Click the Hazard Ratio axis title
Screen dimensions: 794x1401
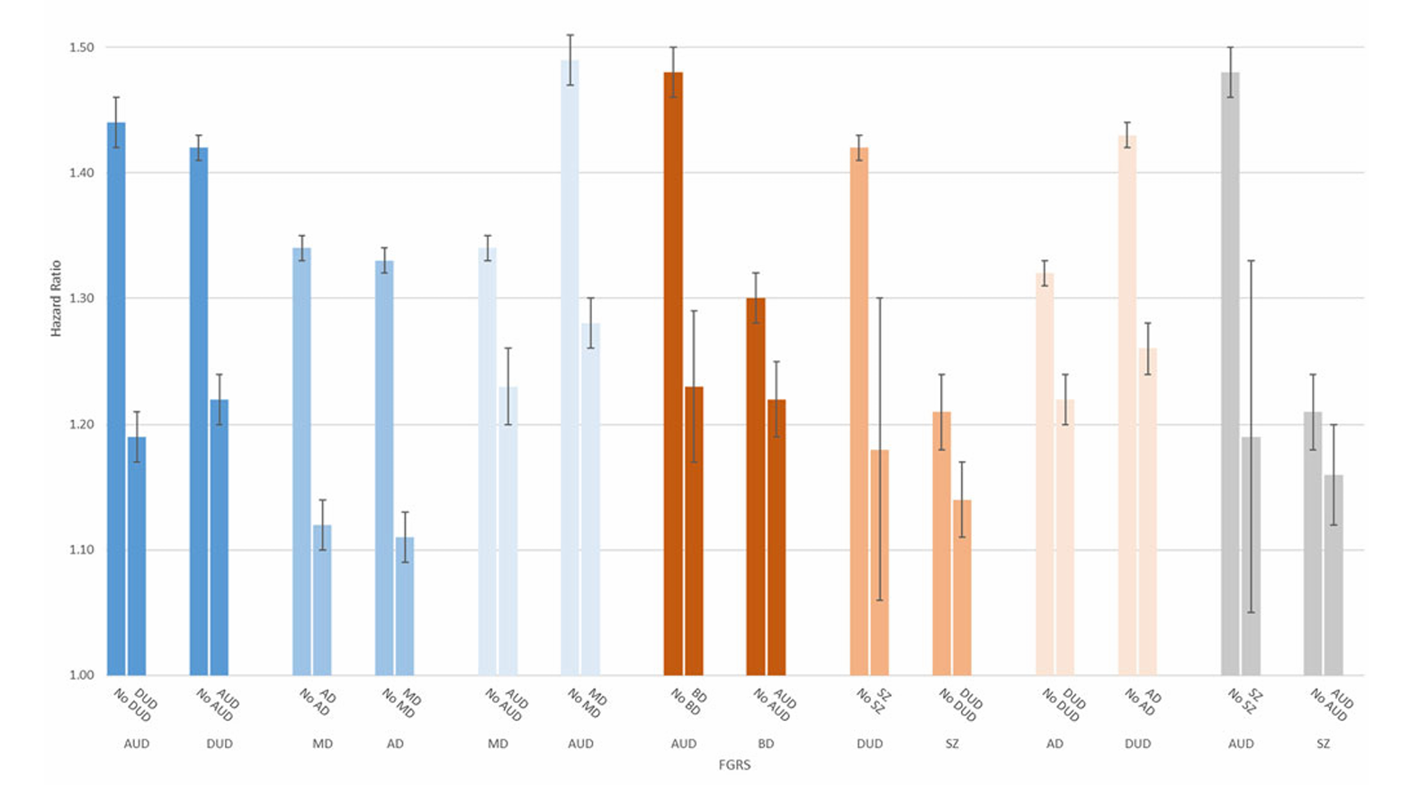[56, 298]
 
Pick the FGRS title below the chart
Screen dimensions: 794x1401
[734, 765]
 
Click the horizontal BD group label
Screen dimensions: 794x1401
[766, 744]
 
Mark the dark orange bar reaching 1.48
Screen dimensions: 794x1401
[673, 374]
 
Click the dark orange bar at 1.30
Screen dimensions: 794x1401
[756, 486]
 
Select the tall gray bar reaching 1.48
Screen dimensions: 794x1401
[1230, 374]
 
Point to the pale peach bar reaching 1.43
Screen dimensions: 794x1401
[1127, 405]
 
